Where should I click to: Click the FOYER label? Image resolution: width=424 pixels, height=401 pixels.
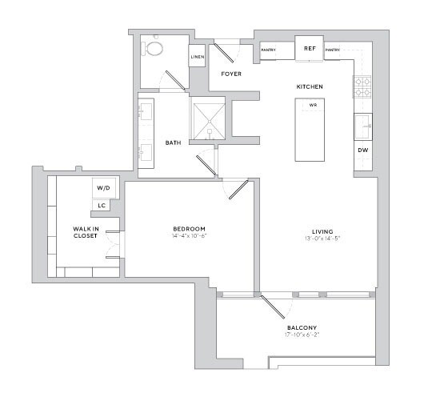[x=230, y=74]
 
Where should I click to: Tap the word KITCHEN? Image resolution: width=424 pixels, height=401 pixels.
[x=310, y=86]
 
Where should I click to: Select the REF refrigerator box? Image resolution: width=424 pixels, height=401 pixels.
[x=309, y=48]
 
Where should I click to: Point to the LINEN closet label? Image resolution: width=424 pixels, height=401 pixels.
[x=198, y=57]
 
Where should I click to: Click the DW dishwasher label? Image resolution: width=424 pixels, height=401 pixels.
[x=363, y=150]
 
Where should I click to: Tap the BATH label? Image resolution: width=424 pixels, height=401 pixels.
[x=173, y=142]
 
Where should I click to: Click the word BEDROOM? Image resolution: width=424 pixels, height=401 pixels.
[x=190, y=228]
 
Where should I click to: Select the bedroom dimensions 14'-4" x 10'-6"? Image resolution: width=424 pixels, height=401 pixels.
[x=190, y=236]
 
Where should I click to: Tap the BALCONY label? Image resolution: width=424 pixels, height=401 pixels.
[x=302, y=328]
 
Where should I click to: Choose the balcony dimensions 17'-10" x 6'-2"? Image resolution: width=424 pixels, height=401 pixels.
[x=302, y=336]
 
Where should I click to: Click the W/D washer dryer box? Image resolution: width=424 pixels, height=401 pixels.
[x=104, y=188]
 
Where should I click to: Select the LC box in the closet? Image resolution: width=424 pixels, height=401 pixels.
[x=102, y=206]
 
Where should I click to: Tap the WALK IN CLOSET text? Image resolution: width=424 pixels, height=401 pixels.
[x=85, y=233]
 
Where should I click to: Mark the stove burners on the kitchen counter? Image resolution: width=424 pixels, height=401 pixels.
[x=362, y=86]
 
